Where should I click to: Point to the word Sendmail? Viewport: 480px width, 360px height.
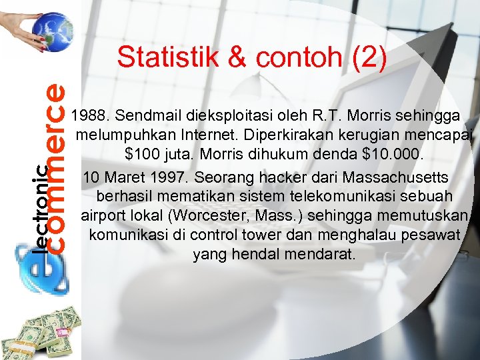(x=145, y=117)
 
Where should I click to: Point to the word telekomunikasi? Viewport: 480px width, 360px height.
(x=319, y=198)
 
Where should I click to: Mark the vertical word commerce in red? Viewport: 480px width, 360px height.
(x=56, y=167)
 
